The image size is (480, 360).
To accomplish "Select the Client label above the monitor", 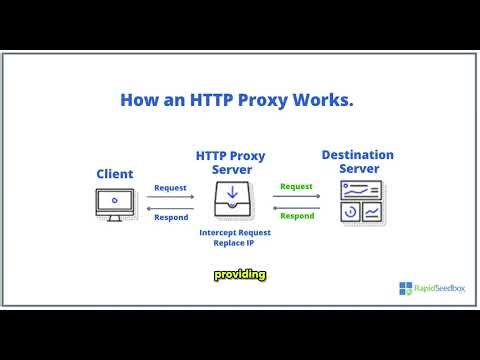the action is coord(115,174).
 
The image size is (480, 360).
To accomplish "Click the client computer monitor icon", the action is coord(116,202).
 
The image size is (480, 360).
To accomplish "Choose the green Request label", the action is coord(297,186).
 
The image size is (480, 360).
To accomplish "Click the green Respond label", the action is coord(297,215).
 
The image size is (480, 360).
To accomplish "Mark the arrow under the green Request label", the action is coord(297,196).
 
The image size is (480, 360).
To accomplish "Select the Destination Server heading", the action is coord(357,162).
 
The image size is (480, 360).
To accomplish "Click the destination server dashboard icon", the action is coord(359,201).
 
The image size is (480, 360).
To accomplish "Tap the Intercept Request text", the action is coord(236,232).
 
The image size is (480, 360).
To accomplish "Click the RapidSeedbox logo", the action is coord(432,289).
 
